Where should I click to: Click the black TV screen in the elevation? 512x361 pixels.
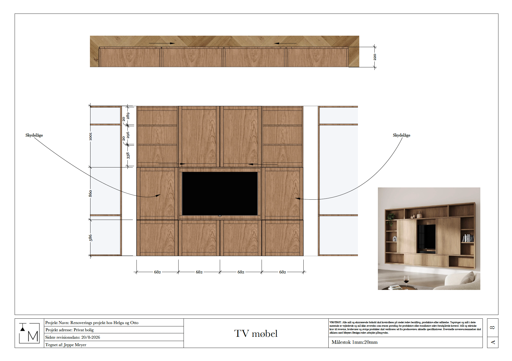tap(220, 194)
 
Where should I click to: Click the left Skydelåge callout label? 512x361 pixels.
tap(34, 135)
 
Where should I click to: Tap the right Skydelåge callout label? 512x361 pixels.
tap(401, 135)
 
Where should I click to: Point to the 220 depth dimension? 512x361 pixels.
tap(375, 57)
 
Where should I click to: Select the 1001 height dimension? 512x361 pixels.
tap(90, 137)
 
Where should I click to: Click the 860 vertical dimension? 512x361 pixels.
tap(90, 194)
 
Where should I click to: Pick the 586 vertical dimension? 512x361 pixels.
tap(90, 238)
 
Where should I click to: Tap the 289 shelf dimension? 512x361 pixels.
tap(128, 116)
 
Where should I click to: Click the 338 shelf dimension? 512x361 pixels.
tap(128, 155)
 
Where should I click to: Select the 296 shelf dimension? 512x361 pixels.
tap(128, 135)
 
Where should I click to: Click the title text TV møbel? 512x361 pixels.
tap(256, 334)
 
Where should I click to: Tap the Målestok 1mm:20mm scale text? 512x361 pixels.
tap(354, 342)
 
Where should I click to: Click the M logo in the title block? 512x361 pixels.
tap(29, 333)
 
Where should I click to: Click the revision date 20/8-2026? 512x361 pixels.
tap(90, 337)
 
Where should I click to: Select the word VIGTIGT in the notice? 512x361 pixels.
tap(335, 322)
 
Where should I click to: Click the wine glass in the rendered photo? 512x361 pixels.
tap(406, 281)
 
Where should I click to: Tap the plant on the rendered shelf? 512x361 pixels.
tap(390, 219)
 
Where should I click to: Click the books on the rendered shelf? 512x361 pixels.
tap(468, 238)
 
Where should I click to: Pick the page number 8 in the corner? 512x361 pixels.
tap(493, 327)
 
